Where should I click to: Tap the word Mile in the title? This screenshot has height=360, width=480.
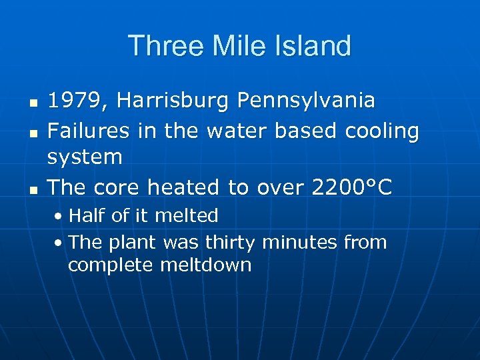pyautogui.click(x=229, y=46)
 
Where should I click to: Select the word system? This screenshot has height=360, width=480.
pyautogui.click(x=85, y=158)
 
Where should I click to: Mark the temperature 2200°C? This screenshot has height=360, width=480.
pyautogui.click(x=352, y=187)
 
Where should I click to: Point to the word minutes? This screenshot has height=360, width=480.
pyautogui.click(x=300, y=242)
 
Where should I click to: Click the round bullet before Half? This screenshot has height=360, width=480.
pyautogui.click(x=59, y=217)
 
